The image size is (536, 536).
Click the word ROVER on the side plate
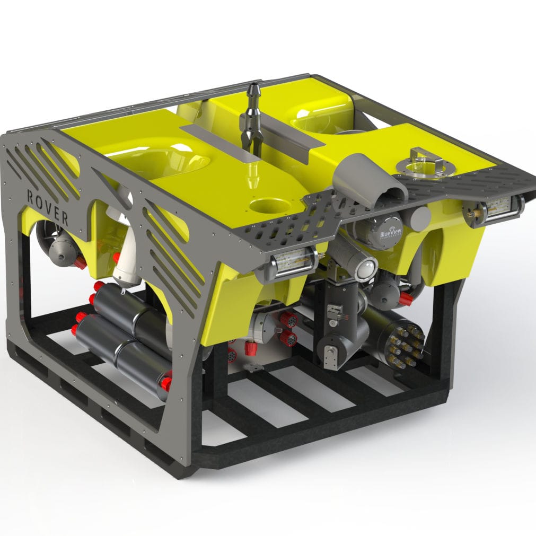point(47,206)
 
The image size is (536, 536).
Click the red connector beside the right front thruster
point(405,298)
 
